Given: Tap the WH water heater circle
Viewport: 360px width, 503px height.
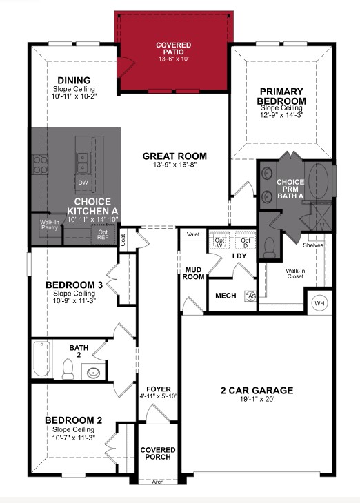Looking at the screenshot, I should (x=319, y=303).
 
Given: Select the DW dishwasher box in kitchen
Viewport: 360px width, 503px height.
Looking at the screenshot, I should (x=83, y=183).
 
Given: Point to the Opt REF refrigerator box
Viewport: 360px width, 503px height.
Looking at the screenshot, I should (x=103, y=234).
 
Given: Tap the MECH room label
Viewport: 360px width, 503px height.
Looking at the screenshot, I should (x=226, y=296).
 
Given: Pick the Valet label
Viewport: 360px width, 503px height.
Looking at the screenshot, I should (x=193, y=234).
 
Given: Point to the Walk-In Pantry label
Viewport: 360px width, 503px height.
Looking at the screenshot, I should (x=49, y=225).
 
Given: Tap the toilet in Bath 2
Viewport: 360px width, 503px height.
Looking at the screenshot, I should (x=68, y=369).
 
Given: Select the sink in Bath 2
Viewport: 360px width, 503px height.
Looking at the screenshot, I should (x=93, y=373).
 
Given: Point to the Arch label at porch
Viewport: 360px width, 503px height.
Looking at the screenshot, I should (x=158, y=482).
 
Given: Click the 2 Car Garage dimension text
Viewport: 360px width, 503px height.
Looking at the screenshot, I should (x=257, y=400).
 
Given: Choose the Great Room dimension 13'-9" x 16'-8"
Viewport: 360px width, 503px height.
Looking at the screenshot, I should (x=174, y=165).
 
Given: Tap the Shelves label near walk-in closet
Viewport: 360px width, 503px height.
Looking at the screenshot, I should (x=313, y=245).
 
